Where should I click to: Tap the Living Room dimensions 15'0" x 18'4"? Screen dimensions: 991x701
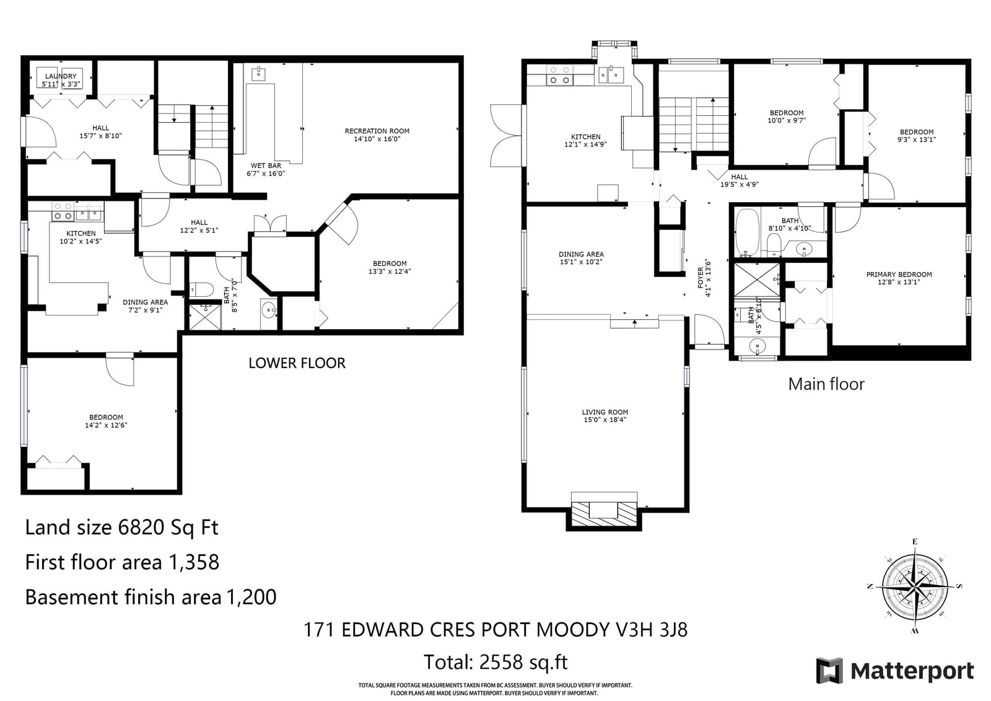pos(605,420)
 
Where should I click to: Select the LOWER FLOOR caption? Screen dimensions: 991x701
pos(297,363)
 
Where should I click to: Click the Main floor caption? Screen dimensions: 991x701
pos(826,384)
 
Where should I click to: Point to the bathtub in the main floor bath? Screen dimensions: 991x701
pos(747,232)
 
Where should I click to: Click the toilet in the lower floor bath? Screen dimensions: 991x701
pos(202,289)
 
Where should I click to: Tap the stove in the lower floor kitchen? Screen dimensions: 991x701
pos(63,211)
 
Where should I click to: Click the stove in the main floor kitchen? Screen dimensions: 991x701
pos(560,75)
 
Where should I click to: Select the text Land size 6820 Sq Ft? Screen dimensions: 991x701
pos(121,527)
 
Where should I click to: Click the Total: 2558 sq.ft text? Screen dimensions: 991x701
pos(495,662)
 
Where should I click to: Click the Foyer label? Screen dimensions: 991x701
pos(701,278)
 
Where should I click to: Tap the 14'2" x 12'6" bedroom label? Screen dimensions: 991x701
pos(106,421)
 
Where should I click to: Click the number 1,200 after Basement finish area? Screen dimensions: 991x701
pos(251,597)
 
